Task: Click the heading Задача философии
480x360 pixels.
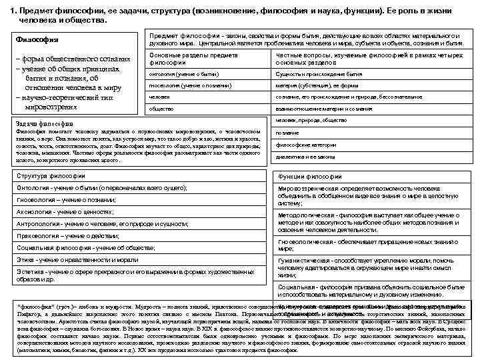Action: pos(47,123)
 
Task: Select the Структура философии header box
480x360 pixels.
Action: pos(136,176)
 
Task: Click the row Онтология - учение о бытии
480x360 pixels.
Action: pos(136,189)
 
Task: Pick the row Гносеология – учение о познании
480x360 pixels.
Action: pos(136,200)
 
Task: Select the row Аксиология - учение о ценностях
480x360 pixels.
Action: pos(136,212)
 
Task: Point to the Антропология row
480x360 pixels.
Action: pos(136,224)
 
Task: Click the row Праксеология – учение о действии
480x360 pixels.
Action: pos(136,236)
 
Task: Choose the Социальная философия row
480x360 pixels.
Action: pos(136,248)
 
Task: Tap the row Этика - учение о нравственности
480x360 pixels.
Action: pos(136,260)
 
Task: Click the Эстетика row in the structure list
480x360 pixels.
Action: pos(136,275)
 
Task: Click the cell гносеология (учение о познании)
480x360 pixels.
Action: pos(187,85)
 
